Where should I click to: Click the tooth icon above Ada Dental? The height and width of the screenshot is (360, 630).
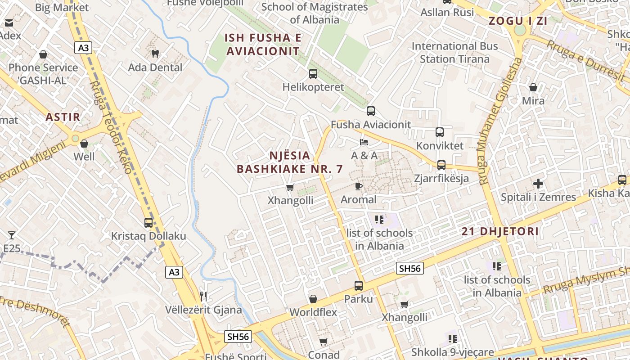(156, 54)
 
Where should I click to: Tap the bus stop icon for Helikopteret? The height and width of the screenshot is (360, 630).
(313, 73)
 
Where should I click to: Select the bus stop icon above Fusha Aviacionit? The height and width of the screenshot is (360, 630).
(370, 111)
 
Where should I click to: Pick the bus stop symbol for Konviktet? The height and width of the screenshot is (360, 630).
(440, 132)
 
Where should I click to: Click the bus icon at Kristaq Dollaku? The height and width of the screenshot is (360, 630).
(148, 222)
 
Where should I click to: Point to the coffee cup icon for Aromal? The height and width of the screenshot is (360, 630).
(358, 186)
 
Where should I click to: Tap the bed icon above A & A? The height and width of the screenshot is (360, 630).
(364, 142)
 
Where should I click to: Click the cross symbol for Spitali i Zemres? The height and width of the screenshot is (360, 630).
(538, 184)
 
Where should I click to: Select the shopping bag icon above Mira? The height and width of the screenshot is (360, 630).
(533, 87)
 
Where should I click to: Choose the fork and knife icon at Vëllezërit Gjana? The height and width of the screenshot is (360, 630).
(203, 296)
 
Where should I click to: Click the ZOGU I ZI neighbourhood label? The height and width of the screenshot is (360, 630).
(512, 21)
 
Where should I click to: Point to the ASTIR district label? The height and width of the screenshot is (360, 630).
(63, 117)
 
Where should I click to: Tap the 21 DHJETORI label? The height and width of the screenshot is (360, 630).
(500, 232)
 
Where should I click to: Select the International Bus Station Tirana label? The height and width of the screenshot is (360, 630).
(454, 53)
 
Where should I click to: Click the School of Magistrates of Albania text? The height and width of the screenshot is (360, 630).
(315, 13)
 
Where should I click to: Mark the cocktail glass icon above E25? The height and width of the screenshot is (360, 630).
(11, 235)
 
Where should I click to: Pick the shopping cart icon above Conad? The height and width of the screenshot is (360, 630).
(323, 342)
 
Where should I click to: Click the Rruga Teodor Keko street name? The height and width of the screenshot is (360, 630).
(110, 127)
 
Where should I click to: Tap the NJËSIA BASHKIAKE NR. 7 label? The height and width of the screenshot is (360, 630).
(290, 162)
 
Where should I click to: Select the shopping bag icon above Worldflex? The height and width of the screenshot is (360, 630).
(313, 299)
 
